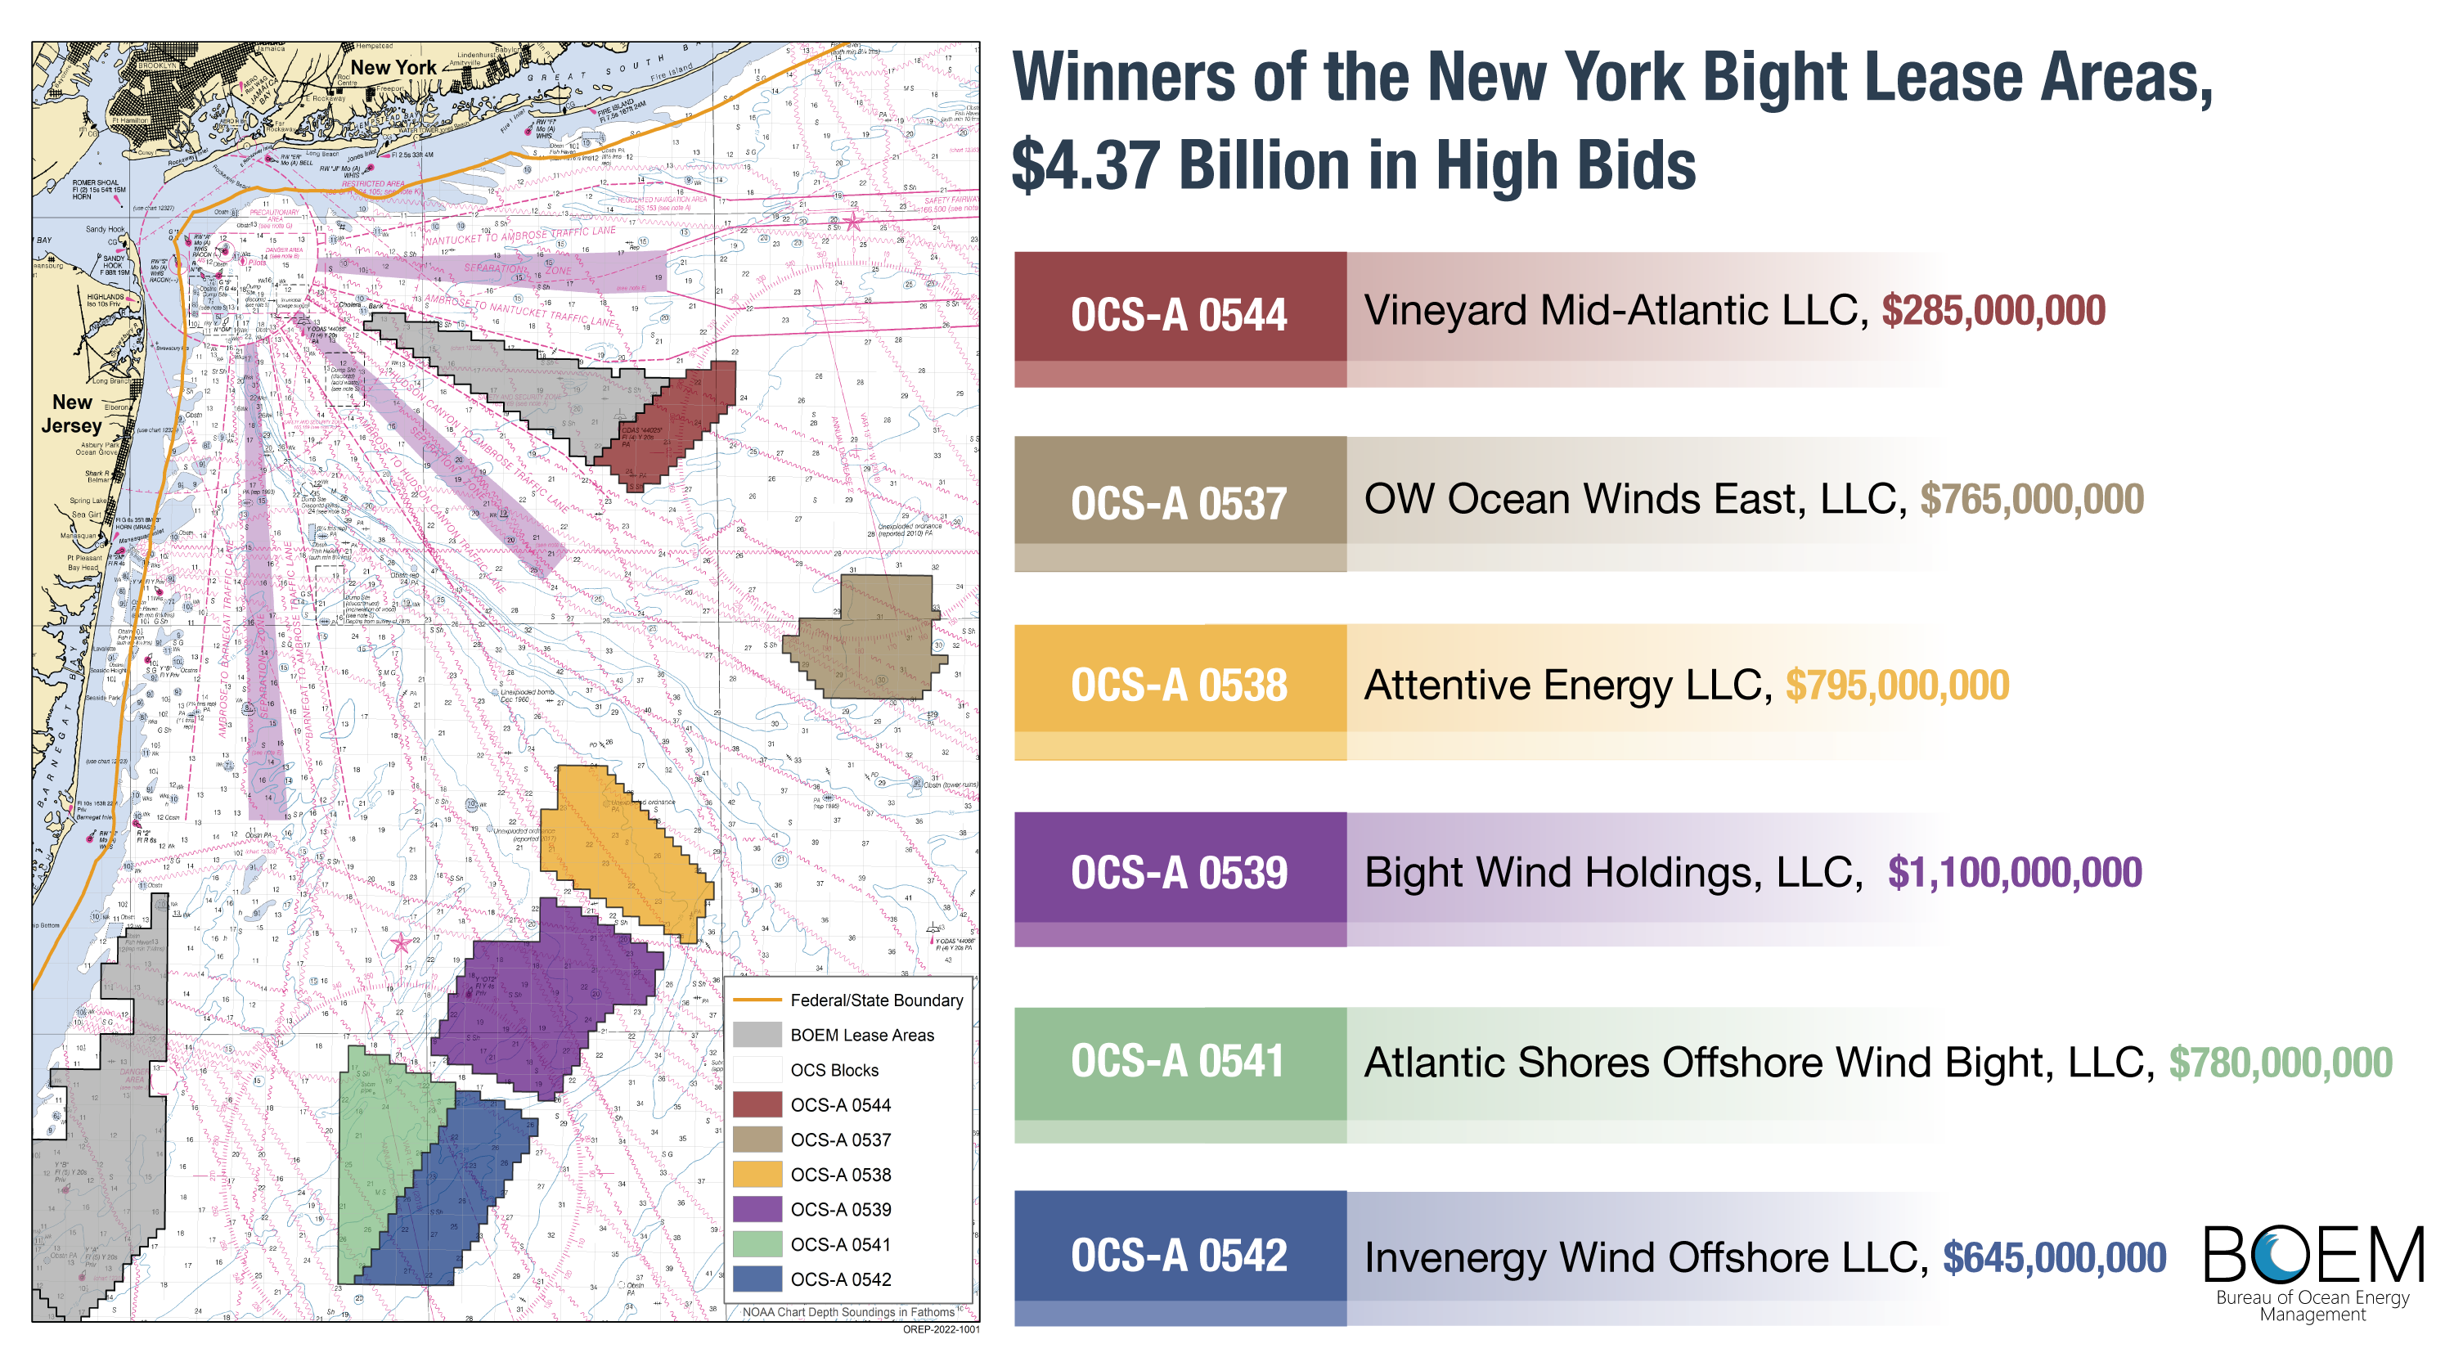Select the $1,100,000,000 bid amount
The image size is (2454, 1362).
pos(2014,873)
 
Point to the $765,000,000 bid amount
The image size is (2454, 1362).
pos(2031,499)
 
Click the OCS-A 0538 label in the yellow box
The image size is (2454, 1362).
pos(1179,685)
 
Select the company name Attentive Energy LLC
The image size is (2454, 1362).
pos(1567,685)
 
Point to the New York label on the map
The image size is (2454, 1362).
pos(393,68)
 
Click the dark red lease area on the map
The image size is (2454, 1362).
pos(681,419)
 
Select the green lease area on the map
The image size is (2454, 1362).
pos(376,1171)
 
